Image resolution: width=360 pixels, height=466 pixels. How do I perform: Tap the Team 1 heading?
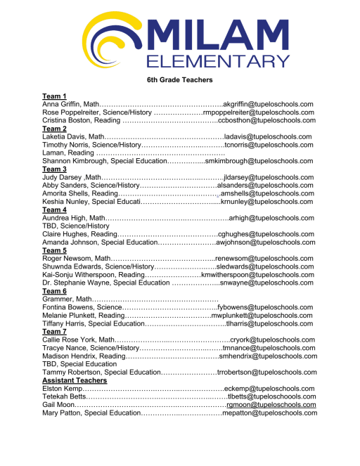click(x=54, y=96)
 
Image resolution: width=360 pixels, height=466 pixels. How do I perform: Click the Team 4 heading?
click(x=54, y=210)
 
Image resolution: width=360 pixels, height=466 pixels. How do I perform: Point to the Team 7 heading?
click(x=54, y=331)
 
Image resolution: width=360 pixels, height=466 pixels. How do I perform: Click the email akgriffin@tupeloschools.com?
click(x=268, y=104)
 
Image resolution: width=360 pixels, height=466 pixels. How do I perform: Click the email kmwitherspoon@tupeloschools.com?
click(x=257, y=275)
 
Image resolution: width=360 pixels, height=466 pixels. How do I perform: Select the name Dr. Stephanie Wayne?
click(x=76, y=283)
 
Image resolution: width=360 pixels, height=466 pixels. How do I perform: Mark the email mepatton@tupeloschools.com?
click(x=269, y=413)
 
